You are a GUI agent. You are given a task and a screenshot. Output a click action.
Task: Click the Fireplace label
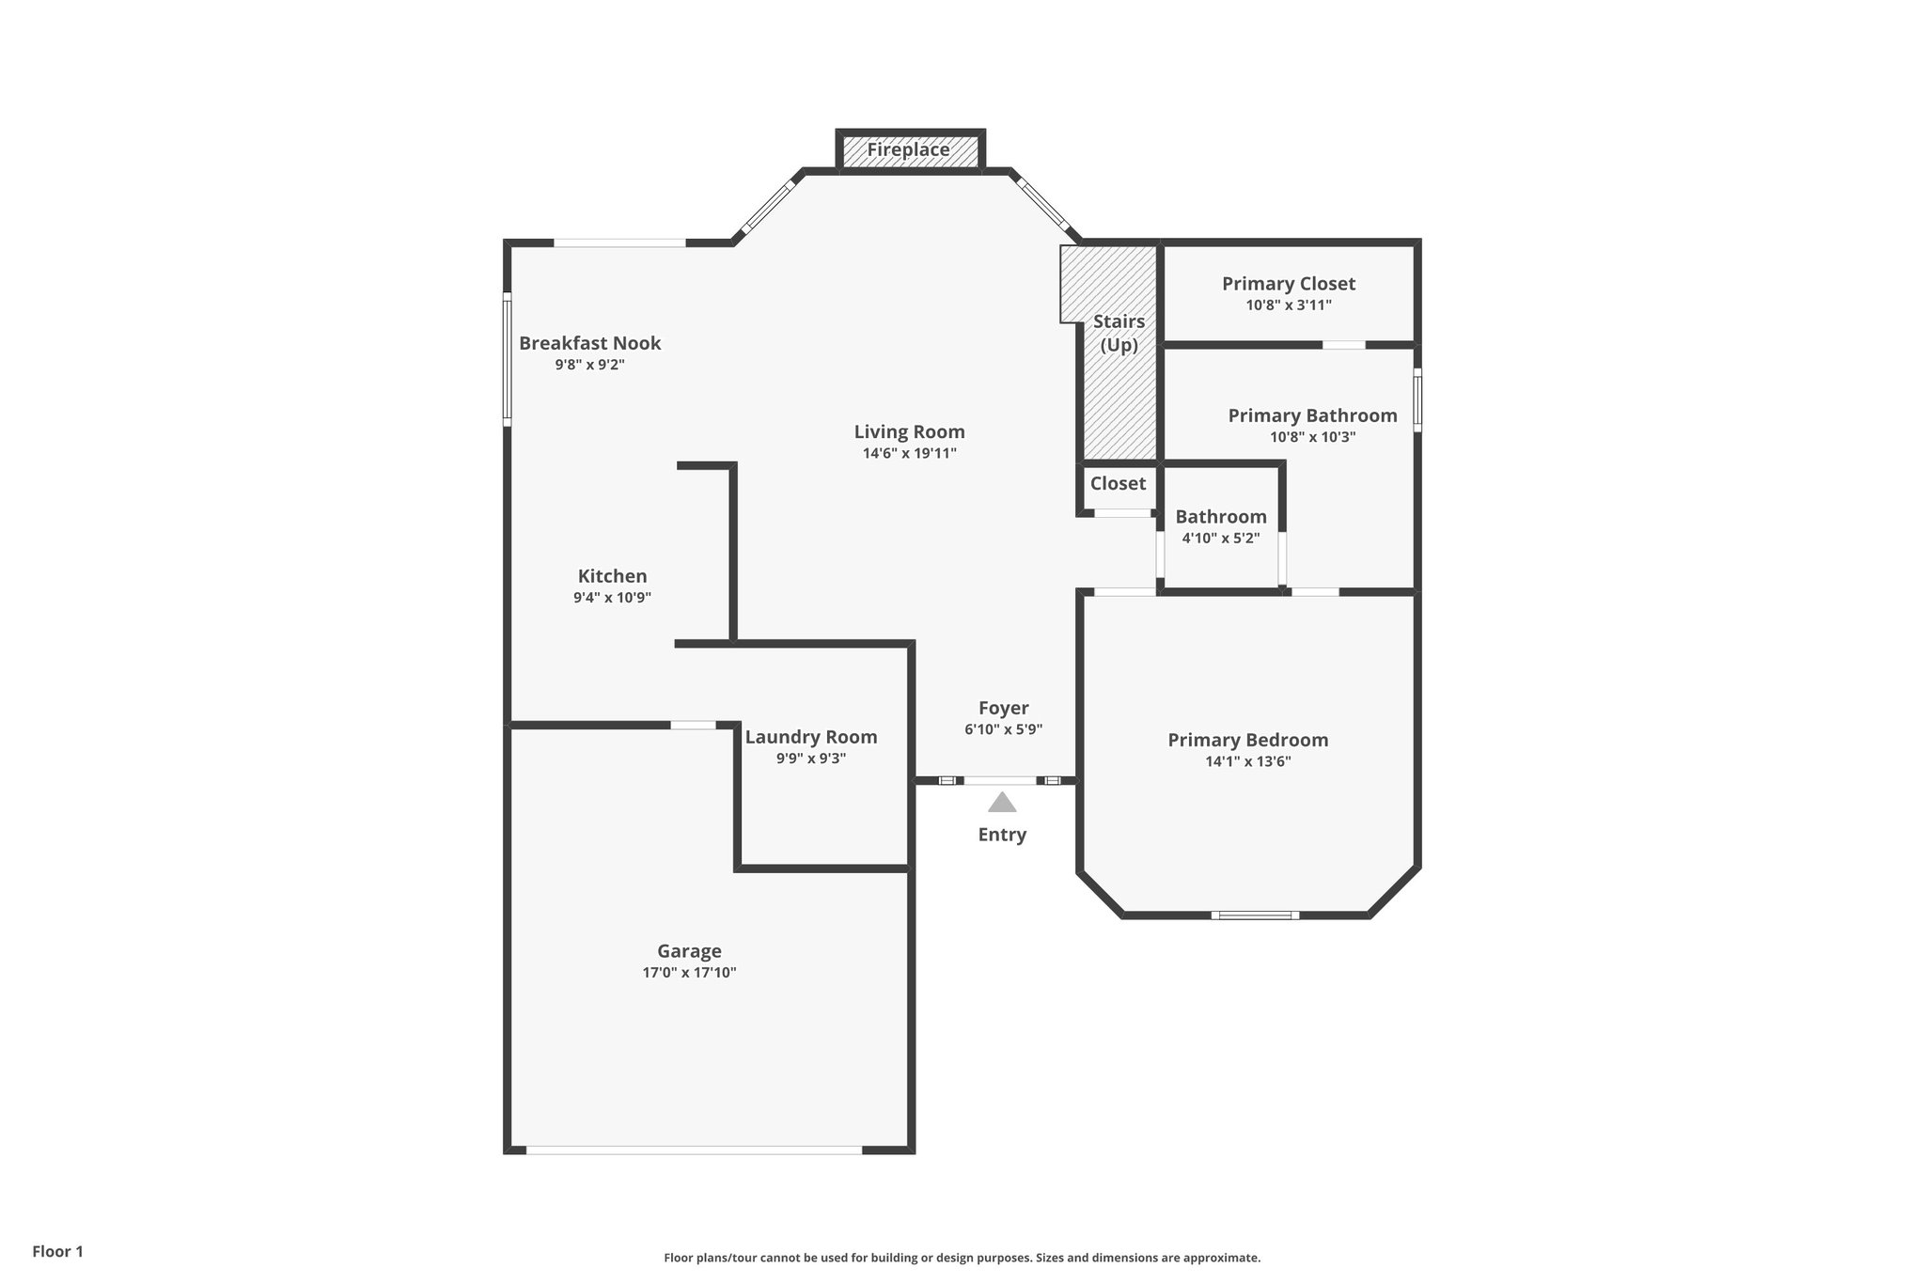908,150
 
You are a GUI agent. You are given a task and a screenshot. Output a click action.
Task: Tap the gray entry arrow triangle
1002,803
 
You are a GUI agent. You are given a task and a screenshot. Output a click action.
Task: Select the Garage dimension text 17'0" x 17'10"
689,973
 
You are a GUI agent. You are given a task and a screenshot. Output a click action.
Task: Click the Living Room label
909,431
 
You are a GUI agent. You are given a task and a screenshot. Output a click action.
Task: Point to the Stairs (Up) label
1119,333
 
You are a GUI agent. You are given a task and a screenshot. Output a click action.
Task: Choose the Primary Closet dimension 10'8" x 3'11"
1288,305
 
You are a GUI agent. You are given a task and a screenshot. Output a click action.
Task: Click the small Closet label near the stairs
1118,483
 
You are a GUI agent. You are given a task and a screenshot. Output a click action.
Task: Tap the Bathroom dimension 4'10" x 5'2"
1220,539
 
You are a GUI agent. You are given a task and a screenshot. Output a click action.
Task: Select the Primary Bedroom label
1247,740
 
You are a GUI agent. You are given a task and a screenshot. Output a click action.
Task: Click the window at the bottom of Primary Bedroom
1255,915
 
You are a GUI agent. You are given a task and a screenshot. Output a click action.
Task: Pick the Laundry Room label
810,737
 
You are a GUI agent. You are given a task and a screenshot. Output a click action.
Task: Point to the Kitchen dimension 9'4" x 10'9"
612,598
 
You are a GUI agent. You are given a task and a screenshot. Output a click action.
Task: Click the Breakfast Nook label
589,343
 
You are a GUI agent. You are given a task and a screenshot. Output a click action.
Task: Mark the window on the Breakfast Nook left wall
508,359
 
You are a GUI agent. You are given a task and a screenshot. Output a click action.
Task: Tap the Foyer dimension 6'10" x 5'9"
1003,729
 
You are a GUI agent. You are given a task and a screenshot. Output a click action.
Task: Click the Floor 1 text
57,1251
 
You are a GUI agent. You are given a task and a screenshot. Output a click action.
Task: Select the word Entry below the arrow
1002,835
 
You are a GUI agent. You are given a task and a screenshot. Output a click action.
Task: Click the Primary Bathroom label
1312,415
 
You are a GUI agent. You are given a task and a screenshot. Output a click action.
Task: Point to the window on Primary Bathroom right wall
1417,400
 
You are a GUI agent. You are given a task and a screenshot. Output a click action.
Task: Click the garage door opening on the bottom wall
694,1150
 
